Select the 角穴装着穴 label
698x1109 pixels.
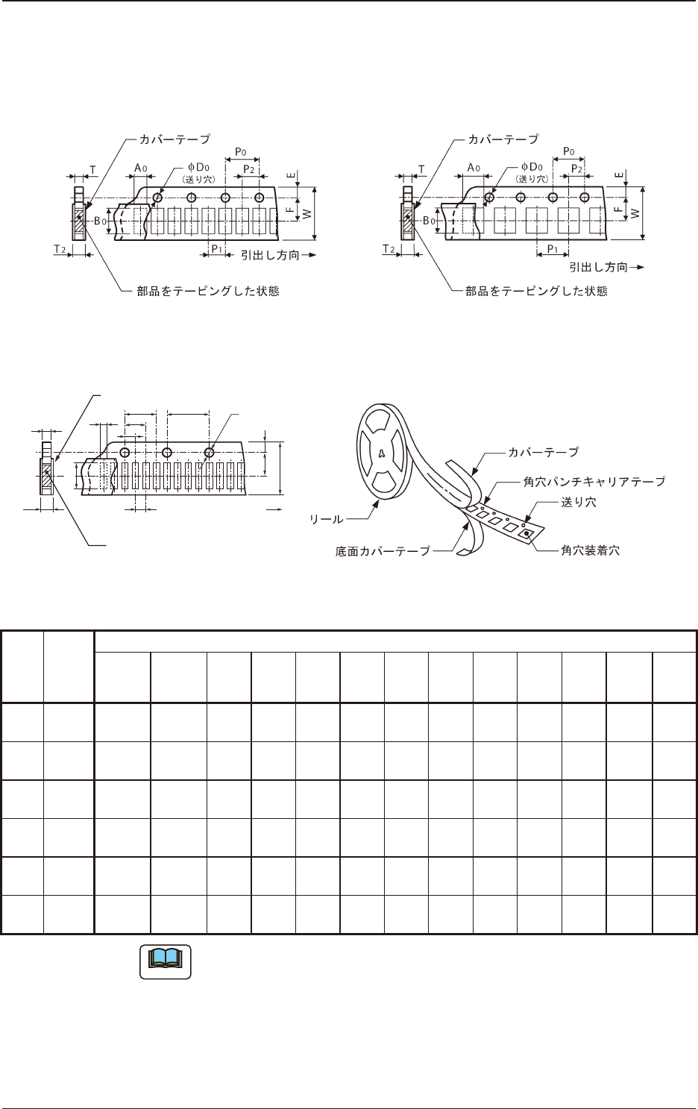590,551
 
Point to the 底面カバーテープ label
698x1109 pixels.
383,551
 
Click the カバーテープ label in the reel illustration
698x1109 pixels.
543,452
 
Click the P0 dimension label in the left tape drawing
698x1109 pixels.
242,151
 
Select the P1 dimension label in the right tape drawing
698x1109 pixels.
553,248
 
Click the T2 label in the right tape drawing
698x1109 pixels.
388,248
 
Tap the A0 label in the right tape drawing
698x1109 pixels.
472,167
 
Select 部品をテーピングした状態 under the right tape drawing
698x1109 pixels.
536,291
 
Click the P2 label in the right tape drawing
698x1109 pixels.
576,169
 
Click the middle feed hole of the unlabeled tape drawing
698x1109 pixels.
167,453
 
